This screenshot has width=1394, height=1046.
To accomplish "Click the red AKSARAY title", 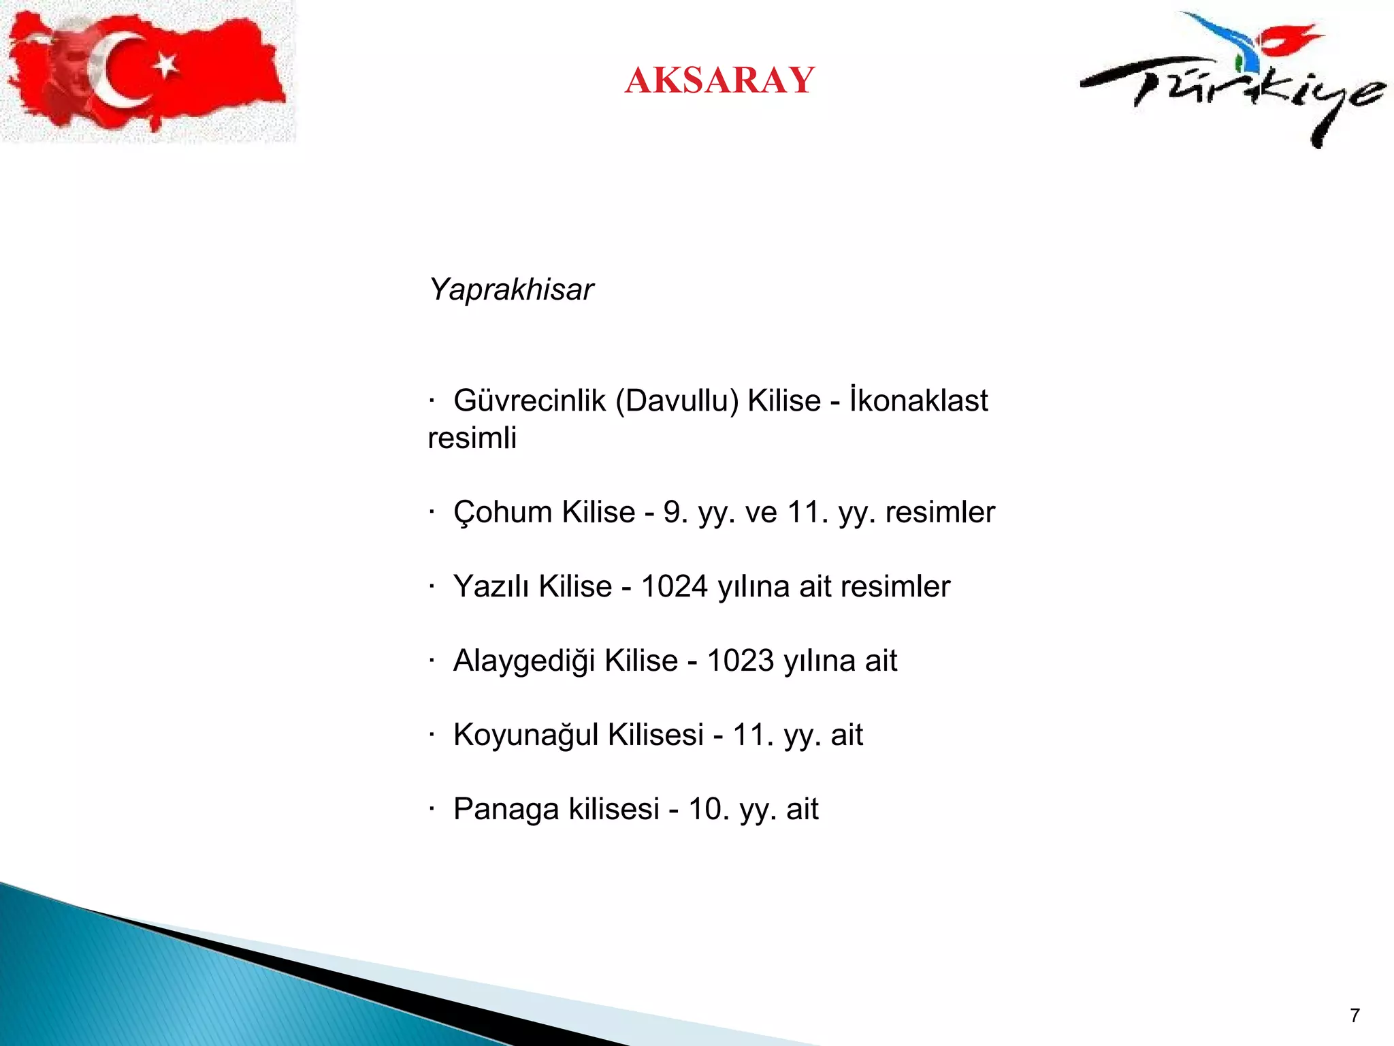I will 719,80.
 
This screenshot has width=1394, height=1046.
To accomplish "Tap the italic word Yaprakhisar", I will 511,289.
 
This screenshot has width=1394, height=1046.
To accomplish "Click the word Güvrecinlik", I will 529,400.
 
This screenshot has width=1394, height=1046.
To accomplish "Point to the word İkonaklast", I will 918,400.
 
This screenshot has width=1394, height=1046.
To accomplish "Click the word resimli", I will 472,438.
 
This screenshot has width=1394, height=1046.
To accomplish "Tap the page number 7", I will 1355,1015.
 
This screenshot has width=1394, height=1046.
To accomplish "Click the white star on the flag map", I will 165,66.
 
